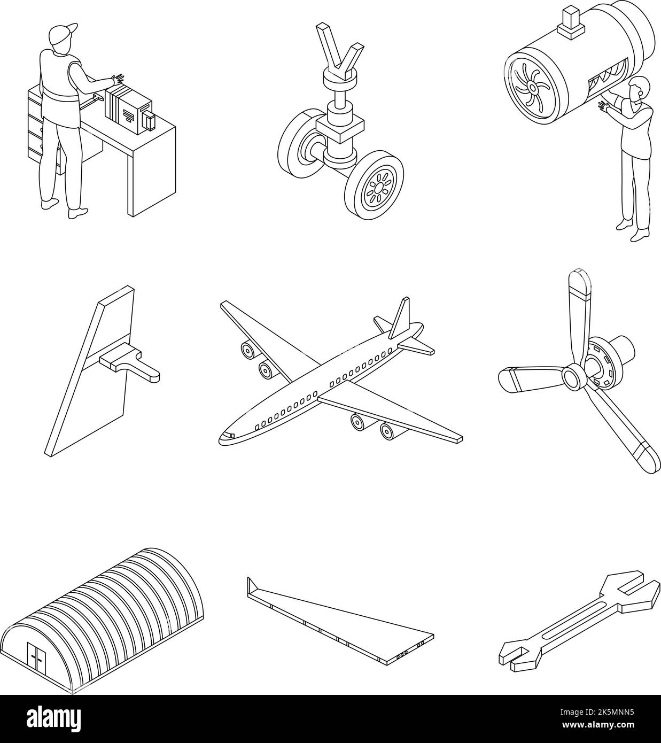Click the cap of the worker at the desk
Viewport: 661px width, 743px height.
pyautogui.click(x=63, y=33)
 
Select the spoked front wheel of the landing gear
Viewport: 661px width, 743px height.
pyautogui.click(x=374, y=185)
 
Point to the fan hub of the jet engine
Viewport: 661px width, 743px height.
pyautogui.click(x=532, y=87)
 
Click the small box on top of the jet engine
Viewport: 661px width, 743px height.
pyautogui.click(x=570, y=22)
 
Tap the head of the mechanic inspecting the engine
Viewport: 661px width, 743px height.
pyautogui.click(x=640, y=89)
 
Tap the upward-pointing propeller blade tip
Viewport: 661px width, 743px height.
pyautogui.click(x=580, y=278)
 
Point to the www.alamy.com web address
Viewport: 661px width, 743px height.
pyautogui.click(x=598, y=725)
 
